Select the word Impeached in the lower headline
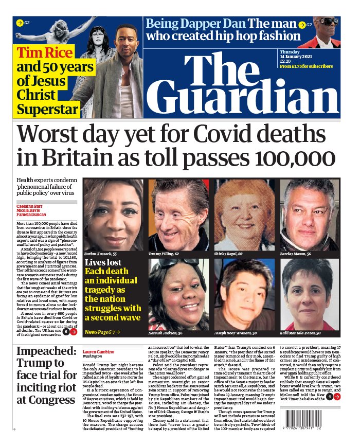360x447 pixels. tap(44, 352)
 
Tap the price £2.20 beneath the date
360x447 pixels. tap(285, 66)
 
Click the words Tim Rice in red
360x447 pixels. tap(41, 53)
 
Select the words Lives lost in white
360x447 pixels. tap(102, 262)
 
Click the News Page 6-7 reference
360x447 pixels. tap(101, 332)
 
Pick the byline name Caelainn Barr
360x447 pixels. tap(29, 205)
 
